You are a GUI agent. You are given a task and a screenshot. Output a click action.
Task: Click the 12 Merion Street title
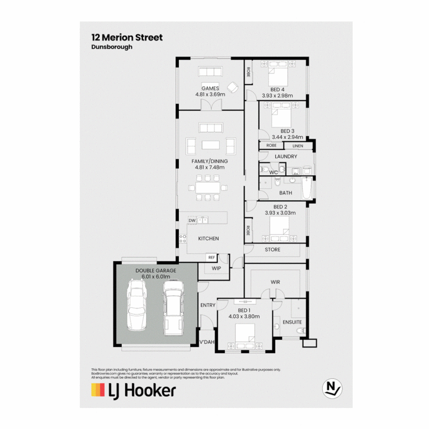point(127,38)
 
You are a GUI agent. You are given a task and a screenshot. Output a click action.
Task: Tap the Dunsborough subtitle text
point(112,47)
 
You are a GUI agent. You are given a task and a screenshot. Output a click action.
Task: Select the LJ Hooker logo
point(133,390)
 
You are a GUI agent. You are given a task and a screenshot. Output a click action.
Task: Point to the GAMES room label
point(210,89)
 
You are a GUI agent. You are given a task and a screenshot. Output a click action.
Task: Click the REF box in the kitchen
point(211,257)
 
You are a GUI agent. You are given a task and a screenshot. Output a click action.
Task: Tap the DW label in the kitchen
point(191,220)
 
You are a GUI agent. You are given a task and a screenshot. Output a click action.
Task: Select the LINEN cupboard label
point(298,146)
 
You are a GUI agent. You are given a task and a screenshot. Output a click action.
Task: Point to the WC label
point(273,173)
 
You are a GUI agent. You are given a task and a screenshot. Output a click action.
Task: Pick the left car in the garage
point(137,305)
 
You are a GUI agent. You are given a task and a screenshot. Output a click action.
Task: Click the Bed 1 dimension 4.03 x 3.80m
point(244,317)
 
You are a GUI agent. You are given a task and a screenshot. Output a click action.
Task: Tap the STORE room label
point(272,250)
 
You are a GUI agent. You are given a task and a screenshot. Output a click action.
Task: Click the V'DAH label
point(207,342)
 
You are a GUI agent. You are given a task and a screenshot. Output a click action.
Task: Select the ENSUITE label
point(292,322)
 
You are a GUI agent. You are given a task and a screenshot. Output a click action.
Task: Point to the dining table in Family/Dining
point(208,187)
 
